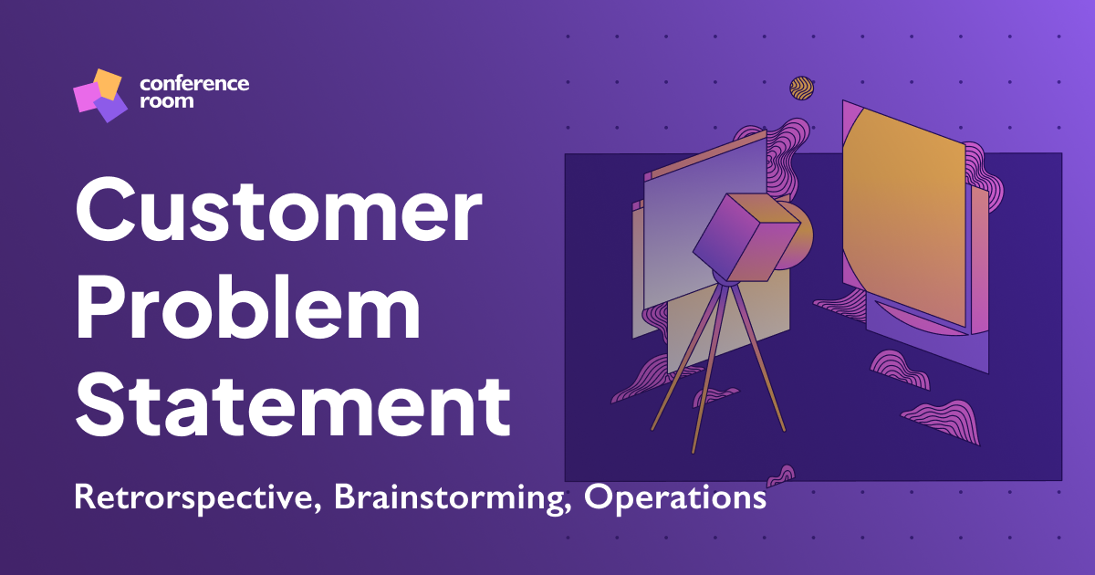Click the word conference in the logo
pos(194,84)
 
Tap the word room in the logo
pos(166,101)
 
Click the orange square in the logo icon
pos(109,83)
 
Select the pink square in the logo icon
pos(87,97)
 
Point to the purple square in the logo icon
pos(111,109)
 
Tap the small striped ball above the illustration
pos(801,88)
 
